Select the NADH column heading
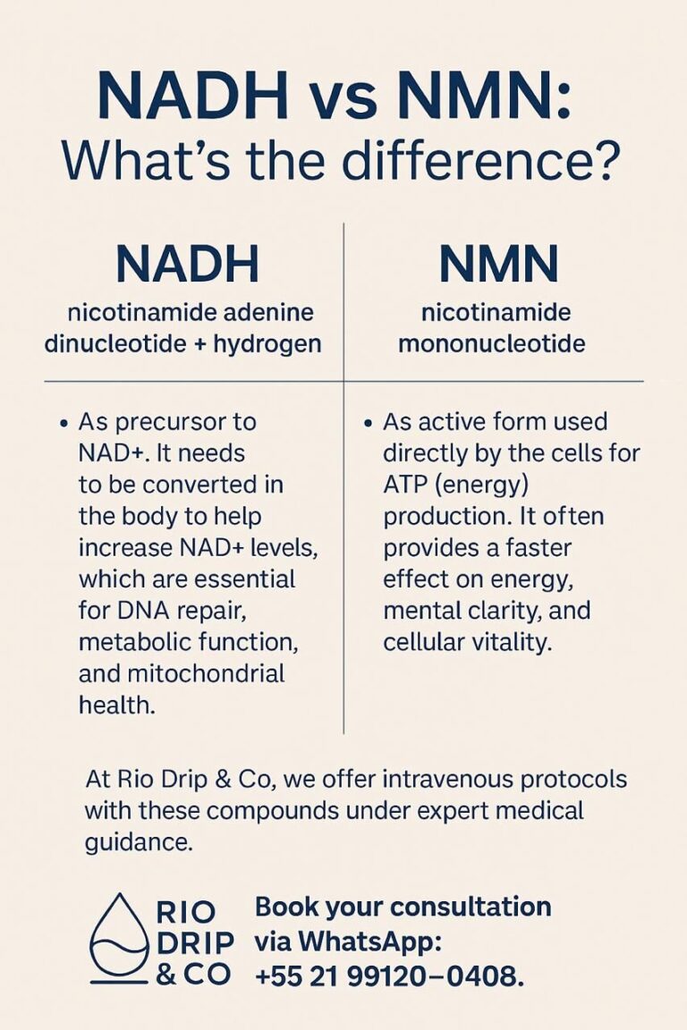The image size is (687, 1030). (x=188, y=265)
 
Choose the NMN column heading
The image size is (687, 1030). (x=498, y=265)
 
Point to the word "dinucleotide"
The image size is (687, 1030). (x=123, y=343)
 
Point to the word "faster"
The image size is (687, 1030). (x=530, y=547)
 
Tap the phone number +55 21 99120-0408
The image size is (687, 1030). (x=389, y=976)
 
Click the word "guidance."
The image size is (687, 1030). (x=138, y=842)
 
